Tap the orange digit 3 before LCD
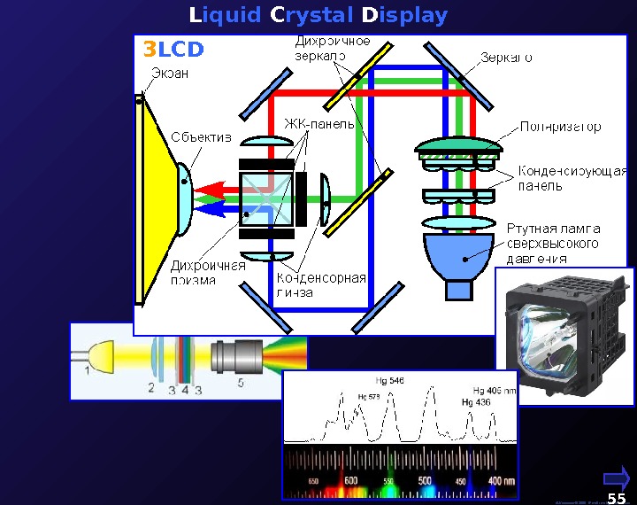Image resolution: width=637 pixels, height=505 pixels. click(x=150, y=49)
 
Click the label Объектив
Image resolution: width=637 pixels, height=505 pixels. click(x=201, y=137)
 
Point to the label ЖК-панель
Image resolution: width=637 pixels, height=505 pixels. click(x=318, y=123)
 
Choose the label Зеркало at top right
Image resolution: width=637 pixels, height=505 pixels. click(x=506, y=58)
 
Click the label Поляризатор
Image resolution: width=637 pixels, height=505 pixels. click(x=560, y=127)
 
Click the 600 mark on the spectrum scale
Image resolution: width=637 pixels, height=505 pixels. click(x=350, y=480)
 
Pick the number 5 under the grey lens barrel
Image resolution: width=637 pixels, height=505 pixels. click(x=240, y=385)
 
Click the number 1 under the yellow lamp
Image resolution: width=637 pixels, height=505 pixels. click(x=87, y=373)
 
